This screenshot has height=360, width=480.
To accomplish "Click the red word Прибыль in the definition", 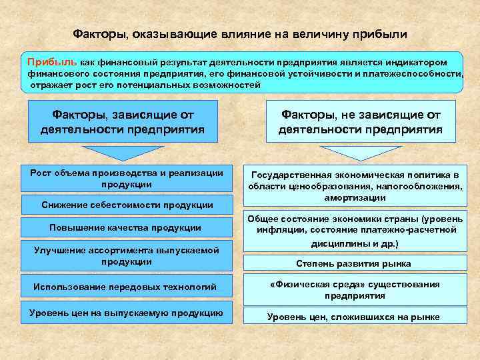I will click(52, 61).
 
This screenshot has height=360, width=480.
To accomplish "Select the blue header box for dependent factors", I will click(121, 121).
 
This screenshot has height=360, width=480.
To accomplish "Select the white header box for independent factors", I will click(361, 121).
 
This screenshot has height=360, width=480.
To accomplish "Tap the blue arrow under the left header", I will click(121, 153).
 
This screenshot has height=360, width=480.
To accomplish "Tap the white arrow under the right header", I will click(360, 153).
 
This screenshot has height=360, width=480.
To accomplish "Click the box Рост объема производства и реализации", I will click(127, 179).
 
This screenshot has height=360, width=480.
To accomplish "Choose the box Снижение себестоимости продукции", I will click(127, 205).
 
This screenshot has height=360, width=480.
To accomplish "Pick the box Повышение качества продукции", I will click(127, 227).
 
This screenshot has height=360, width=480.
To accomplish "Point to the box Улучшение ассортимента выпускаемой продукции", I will click(127, 255).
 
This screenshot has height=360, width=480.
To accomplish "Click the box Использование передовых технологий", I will click(127, 287).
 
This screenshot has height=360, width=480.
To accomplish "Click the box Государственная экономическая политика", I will click(354, 186).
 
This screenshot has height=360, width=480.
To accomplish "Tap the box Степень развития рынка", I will click(354, 263).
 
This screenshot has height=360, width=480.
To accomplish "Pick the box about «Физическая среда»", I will click(354, 289).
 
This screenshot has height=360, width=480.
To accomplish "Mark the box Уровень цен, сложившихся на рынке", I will click(354, 317).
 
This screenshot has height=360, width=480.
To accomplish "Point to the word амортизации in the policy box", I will click(354, 198).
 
